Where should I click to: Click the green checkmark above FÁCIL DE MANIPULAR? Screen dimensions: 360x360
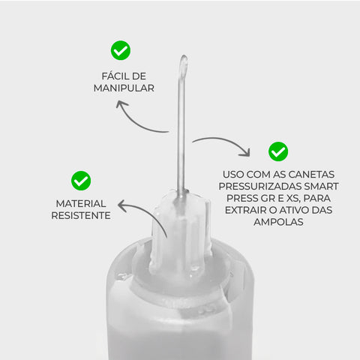(120, 50)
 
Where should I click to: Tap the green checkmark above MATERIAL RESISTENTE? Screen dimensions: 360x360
(81, 180)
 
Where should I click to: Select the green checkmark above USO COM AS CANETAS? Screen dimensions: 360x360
(278, 151)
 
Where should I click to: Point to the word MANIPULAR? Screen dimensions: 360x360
(123, 88)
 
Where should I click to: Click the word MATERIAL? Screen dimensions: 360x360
(81, 203)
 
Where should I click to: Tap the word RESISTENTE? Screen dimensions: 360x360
(81, 215)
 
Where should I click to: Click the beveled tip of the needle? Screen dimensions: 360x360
(182, 66)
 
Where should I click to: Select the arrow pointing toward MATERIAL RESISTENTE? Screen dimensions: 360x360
(139, 211)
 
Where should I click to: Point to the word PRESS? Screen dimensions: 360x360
(241, 198)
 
